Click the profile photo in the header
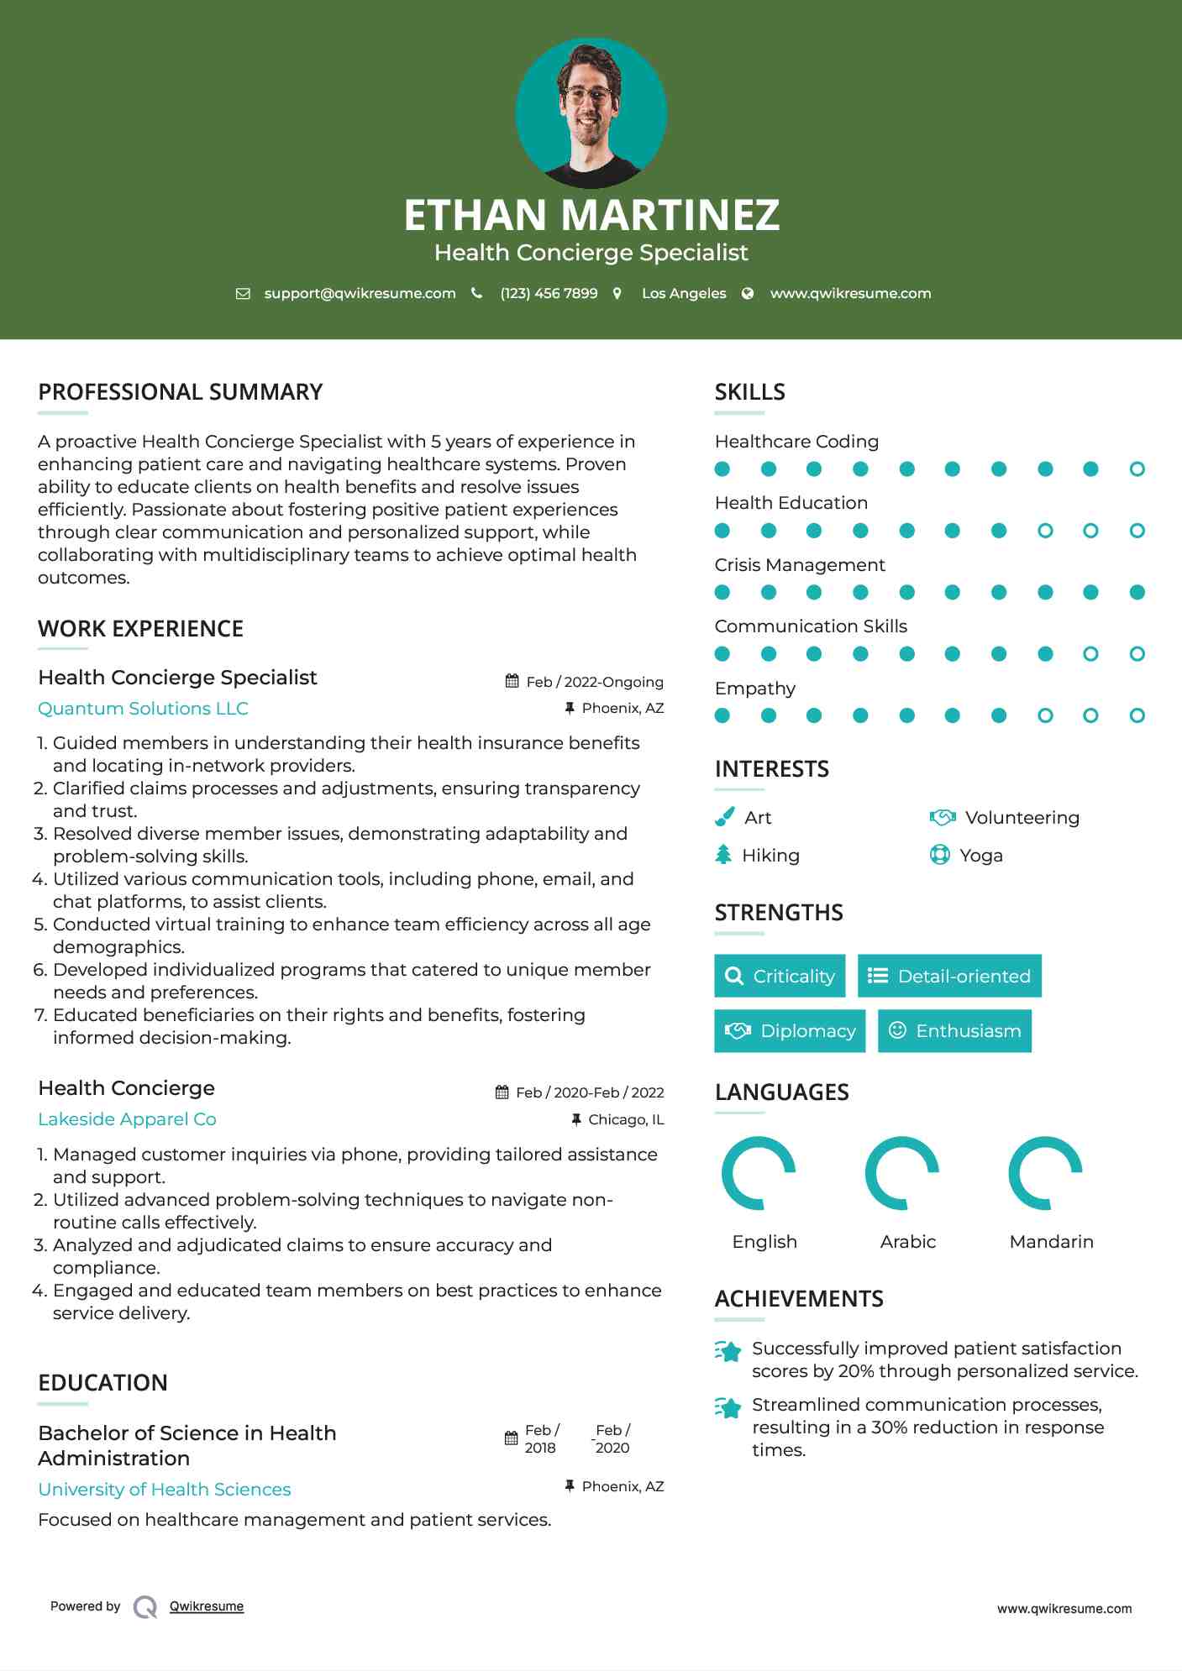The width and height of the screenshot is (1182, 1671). pos(591,113)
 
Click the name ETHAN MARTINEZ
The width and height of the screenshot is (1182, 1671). pos(591,215)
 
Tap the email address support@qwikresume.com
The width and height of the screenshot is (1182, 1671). pos(360,294)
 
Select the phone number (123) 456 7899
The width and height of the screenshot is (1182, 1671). pos(549,294)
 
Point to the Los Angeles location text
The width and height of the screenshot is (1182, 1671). pos(684,294)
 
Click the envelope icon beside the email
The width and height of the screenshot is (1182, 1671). pos(243,294)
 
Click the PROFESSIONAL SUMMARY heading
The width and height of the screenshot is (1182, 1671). pos(181,392)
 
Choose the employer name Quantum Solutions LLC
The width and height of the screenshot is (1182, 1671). pos(143,709)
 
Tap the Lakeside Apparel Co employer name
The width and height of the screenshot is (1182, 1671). pos(127,1119)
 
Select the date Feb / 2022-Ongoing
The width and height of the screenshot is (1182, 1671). pos(595,682)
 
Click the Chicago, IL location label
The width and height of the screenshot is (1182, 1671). pos(626,1119)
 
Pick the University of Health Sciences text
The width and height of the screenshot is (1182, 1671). pos(165,1490)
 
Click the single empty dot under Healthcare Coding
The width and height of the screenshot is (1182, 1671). pos(1137,469)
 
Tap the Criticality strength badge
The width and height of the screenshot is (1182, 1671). pos(780,976)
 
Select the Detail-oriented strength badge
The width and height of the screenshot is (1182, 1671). pos(949,976)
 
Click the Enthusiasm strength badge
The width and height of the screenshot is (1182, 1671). pos(954,1031)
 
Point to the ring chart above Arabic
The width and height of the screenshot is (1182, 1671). pos(902,1173)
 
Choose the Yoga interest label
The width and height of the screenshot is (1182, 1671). pos(981,856)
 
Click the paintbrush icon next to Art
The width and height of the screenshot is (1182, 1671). pos(724,817)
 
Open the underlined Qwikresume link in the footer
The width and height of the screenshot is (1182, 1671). pos(207,1606)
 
